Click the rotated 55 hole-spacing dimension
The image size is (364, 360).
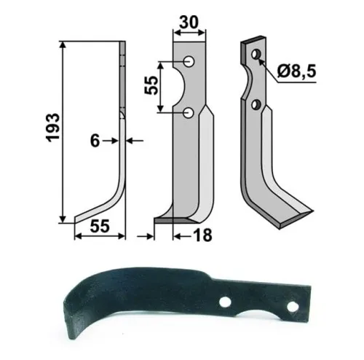[151, 86]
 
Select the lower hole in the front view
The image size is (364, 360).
[189, 112]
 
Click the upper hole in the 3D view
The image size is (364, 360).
[255, 55]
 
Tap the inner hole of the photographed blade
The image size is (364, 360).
[227, 300]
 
